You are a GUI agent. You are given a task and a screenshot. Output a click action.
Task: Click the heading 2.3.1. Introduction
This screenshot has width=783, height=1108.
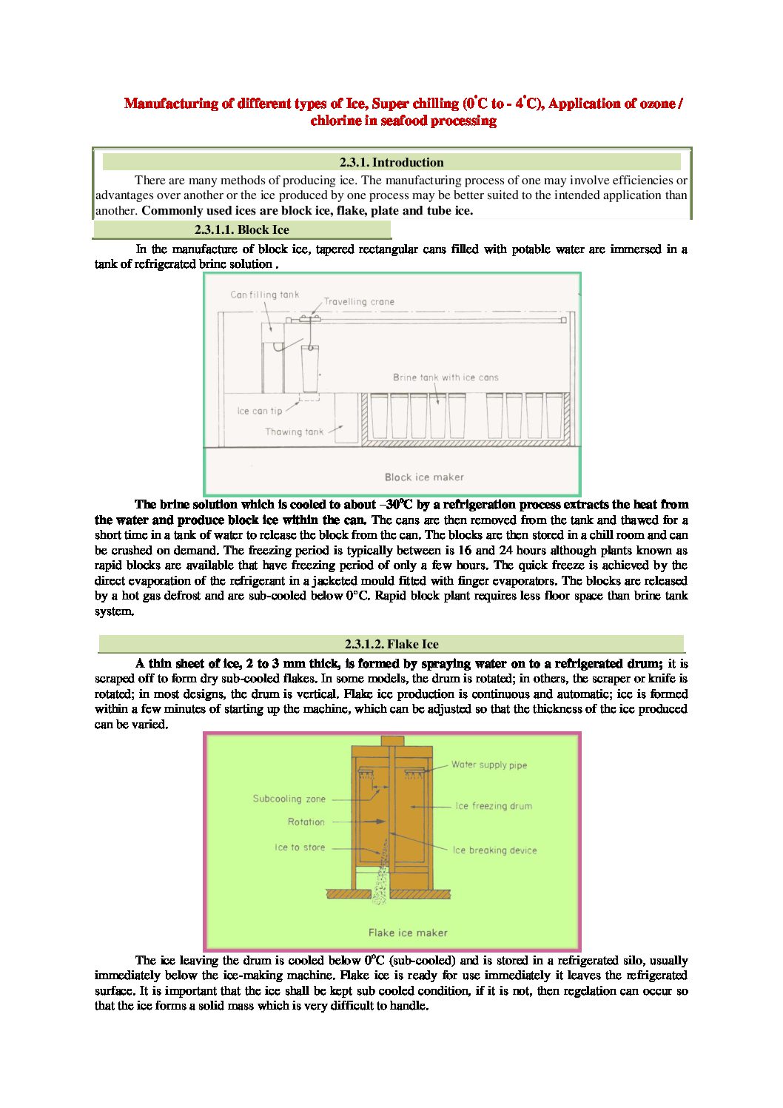point(391,163)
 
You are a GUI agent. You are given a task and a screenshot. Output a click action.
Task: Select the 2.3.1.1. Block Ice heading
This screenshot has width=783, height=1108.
point(241,230)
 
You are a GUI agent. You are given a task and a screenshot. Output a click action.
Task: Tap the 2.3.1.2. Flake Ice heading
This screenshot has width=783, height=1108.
point(391,644)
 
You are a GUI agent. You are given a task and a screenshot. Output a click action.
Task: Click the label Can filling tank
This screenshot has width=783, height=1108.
point(265,295)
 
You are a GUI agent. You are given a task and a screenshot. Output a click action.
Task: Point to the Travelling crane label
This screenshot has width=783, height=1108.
point(359,302)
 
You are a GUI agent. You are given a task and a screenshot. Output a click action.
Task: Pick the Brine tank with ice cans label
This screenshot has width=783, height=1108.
point(446,377)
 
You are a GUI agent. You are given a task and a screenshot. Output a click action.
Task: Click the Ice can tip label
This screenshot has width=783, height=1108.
point(260,411)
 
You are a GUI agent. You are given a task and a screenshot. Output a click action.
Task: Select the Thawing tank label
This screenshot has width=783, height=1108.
point(295,432)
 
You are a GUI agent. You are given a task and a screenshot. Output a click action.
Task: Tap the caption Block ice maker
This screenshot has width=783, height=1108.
point(424,477)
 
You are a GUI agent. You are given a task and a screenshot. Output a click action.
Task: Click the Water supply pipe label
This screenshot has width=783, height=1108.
point(489,765)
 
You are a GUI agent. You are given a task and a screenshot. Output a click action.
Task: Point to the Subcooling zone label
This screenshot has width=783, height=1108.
point(289,799)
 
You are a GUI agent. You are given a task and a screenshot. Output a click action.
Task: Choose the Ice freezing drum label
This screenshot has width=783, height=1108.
point(494,806)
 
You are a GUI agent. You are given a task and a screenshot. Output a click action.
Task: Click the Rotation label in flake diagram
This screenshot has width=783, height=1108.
point(306,822)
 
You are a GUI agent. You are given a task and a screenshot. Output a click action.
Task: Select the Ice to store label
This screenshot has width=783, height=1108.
point(300,848)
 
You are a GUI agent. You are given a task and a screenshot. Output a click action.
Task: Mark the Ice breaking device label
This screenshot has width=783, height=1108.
point(495,850)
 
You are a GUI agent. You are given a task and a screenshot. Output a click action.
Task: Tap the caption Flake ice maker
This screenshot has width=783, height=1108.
point(408,933)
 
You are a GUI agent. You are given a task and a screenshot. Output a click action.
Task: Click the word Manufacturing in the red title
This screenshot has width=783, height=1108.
point(171,104)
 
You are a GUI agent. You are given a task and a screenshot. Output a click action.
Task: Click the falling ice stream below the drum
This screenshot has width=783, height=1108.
point(380,877)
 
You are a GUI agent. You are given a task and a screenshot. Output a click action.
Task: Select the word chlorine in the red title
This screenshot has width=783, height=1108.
point(336,121)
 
